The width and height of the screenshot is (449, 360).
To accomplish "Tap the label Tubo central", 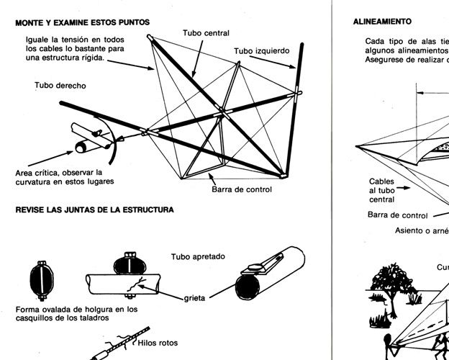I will point(206,33).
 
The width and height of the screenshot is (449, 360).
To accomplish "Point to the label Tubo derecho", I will point(60,86).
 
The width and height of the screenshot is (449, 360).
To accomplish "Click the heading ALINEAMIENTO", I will point(381,22).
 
